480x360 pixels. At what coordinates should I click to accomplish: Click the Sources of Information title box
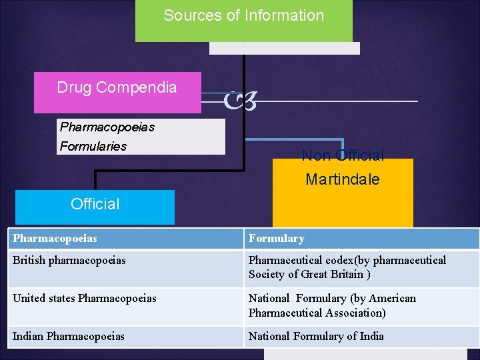pyautogui.click(x=243, y=20)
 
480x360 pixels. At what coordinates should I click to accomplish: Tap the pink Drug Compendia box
pyautogui.click(x=117, y=92)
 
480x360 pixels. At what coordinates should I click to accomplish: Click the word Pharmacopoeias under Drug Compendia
pyautogui.click(x=107, y=127)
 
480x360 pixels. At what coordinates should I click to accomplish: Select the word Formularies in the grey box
pyautogui.click(x=93, y=146)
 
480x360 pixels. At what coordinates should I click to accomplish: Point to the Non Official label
pyautogui.click(x=343, y=156)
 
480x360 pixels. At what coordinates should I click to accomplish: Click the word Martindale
pyautogui.click(x=343, y=179)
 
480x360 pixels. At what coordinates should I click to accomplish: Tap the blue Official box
pyautogui.click(x=95, y=206)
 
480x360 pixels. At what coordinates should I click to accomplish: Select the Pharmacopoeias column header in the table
pyautogui.click(x=55, y=238)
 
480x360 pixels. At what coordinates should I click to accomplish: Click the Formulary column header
pyautogui.click(x=276, y=238)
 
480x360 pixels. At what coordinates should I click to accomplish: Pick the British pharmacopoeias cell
pyautogui.click(x=69, y=261)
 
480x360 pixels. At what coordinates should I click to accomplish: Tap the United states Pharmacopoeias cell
pyautogui.click(x=84, y=298)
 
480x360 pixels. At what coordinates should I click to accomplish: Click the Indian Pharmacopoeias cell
pyautogui.click(x=68, y=336)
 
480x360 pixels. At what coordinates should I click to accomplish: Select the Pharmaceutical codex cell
pyautogui.click(x=347, y=267)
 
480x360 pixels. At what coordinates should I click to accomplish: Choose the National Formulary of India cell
pyautogui.click(x=316, y=336)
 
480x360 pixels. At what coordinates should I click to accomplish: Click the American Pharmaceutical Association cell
pyautogui.click(x=332, y=305)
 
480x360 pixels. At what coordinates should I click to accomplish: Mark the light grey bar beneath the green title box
pyautogui.click(x=285, y=48)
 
